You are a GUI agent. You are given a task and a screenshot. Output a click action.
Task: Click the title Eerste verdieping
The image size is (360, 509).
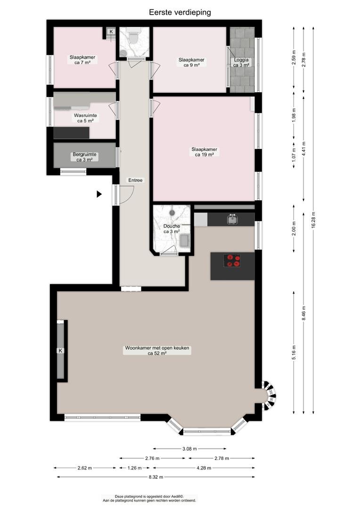(180, 12)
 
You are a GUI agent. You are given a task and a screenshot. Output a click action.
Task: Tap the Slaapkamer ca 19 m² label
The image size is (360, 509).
(204, 152)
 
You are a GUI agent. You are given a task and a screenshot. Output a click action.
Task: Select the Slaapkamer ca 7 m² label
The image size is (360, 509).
(82, 60)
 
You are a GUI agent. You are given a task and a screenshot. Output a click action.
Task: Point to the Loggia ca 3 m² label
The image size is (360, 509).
(241, 62)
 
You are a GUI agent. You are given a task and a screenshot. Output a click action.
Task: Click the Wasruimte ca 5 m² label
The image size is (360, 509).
(85, 118)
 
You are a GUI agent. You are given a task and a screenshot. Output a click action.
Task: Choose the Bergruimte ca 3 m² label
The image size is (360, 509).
(84, 157)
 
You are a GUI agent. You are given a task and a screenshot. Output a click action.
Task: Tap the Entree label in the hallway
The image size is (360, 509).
(135, 180)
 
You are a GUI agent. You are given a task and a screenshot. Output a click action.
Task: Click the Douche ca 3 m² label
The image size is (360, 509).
(172, 229)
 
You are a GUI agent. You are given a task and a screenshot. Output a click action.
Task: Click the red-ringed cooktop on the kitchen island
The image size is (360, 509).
(232, 261)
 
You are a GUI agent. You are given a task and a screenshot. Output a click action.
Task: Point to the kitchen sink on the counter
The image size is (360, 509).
(232, 219)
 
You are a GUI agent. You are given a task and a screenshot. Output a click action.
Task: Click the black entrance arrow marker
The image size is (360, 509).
(99, 194)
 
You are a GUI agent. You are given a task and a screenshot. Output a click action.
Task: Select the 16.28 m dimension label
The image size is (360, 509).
(313, 220)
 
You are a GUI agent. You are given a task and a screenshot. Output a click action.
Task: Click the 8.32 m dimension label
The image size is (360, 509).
(156, 477)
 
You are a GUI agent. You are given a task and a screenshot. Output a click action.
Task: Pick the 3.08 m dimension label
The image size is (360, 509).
(189, 449)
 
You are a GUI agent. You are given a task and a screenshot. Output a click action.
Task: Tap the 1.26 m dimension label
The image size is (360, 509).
(134, 468)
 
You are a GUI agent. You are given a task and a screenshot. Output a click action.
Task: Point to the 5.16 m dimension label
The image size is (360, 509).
(294, 352)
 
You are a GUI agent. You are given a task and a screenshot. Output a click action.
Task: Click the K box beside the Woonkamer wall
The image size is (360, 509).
(60, 351)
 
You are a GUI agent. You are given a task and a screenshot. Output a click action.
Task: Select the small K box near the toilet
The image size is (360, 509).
(111, 31)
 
